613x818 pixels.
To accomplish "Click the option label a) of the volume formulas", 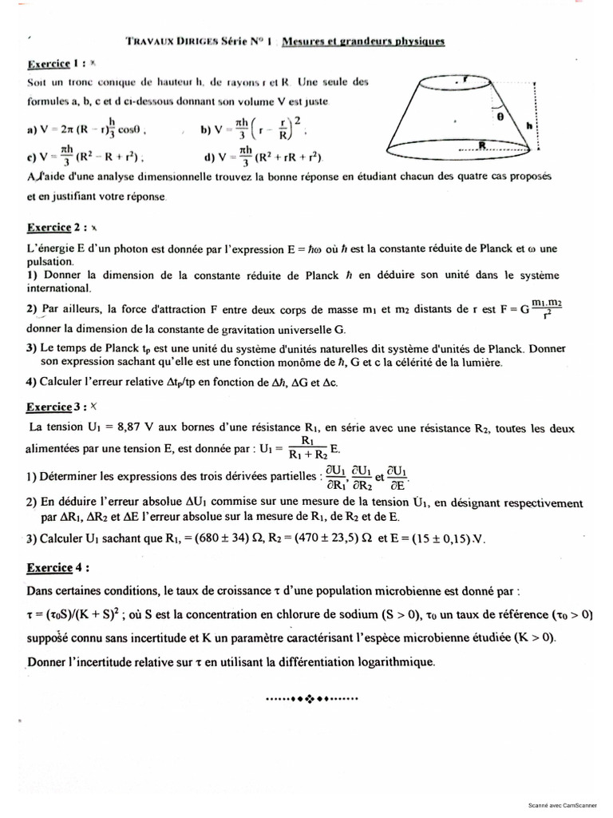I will pos(31,127).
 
